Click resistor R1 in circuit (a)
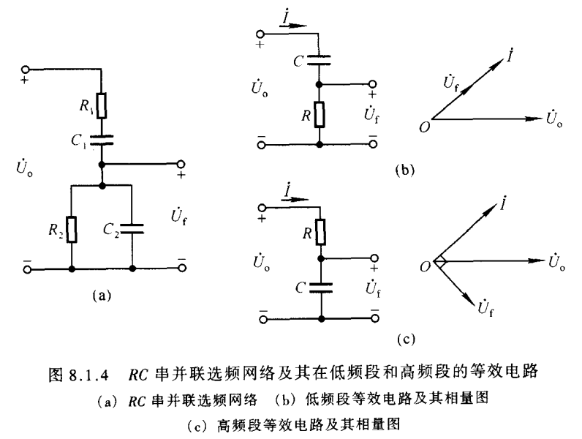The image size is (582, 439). pyautogui.click(x=102, y=105)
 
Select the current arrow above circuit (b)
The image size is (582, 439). pyautogui.click(x=292, y=24)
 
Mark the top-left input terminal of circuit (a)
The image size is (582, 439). pyautogui.click(x=28, y=67)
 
